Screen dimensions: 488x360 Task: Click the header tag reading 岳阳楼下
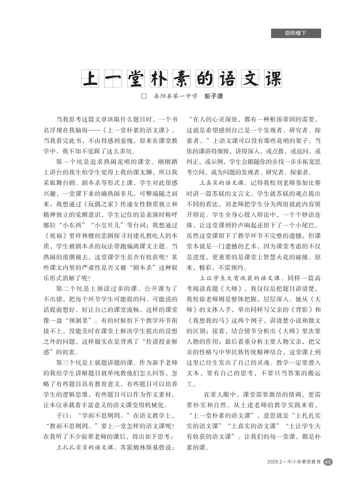point(296,33)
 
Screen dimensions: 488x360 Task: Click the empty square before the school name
point(144,96)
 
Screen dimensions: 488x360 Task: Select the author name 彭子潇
point(214,96)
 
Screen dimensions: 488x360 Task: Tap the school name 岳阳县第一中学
point(176,96)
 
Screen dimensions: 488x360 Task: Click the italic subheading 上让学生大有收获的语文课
point(240,278)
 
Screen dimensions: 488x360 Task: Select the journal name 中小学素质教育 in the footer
point(304,462)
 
